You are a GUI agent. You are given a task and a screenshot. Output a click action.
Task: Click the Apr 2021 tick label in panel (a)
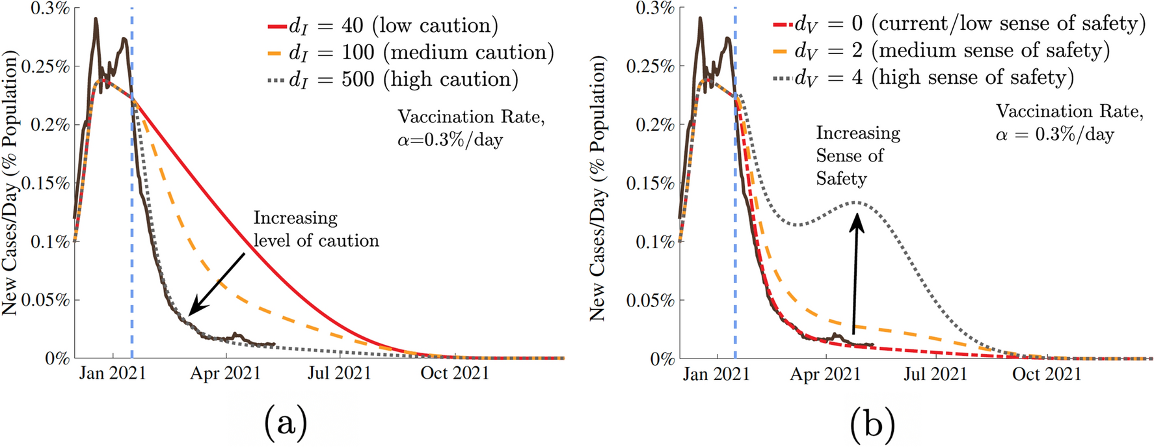pos(226,373)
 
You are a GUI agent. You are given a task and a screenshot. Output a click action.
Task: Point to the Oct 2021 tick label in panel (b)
pos(1046,374)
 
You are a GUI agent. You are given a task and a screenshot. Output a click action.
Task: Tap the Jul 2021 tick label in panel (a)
pos(339,373)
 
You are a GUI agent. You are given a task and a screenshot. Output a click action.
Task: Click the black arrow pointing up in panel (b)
pos(856,273)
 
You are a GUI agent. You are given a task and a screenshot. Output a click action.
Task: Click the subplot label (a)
pos(286,424)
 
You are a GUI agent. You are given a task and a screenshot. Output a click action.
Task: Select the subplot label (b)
pos(872,424)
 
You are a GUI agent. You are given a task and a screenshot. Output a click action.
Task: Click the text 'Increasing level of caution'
pos(315,229)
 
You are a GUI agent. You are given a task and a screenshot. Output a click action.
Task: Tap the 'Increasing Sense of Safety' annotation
pos(857,156)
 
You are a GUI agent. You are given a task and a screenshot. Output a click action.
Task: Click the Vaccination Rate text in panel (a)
pos(470,128)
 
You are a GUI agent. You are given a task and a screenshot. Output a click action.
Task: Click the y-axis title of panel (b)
pos(597,189)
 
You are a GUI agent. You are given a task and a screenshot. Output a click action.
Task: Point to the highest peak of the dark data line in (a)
pos(96,19)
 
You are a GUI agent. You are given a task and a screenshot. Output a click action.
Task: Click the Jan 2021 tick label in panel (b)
pos(716,374)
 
